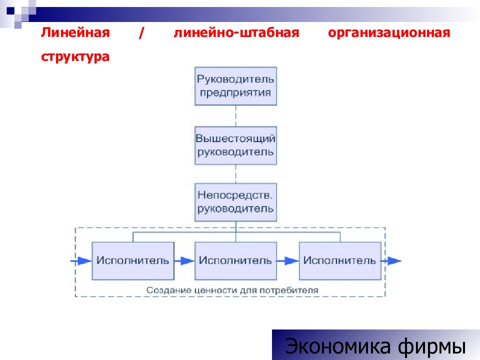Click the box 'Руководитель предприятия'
[x=235, y=86]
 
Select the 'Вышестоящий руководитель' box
[x=235, y=145]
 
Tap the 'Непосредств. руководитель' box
[x=235, y=202]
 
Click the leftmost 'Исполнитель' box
[x=133, y=261]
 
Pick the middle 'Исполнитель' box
[x=235, y=261]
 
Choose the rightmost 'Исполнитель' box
[x=340, y=261]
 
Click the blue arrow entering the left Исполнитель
[x=81, y=261]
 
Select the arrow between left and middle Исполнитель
[x=184, y=261]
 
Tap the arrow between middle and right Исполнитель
[x=288, y=261]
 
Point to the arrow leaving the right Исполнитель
[x=391, y=261]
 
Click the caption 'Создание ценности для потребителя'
[x=232, y=290]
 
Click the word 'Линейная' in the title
[x=75, y=32]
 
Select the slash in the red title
[x=141, y=33]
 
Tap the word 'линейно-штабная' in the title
[x=236, y=33]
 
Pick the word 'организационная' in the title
[x=389, y=33]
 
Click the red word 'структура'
[x=75, y=57]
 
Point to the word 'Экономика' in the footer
[x=337, y=346]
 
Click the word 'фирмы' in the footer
[x=431, y=346]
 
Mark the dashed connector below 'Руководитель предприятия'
[x=235, y=116]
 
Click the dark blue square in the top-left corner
[x=10, y=10]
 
